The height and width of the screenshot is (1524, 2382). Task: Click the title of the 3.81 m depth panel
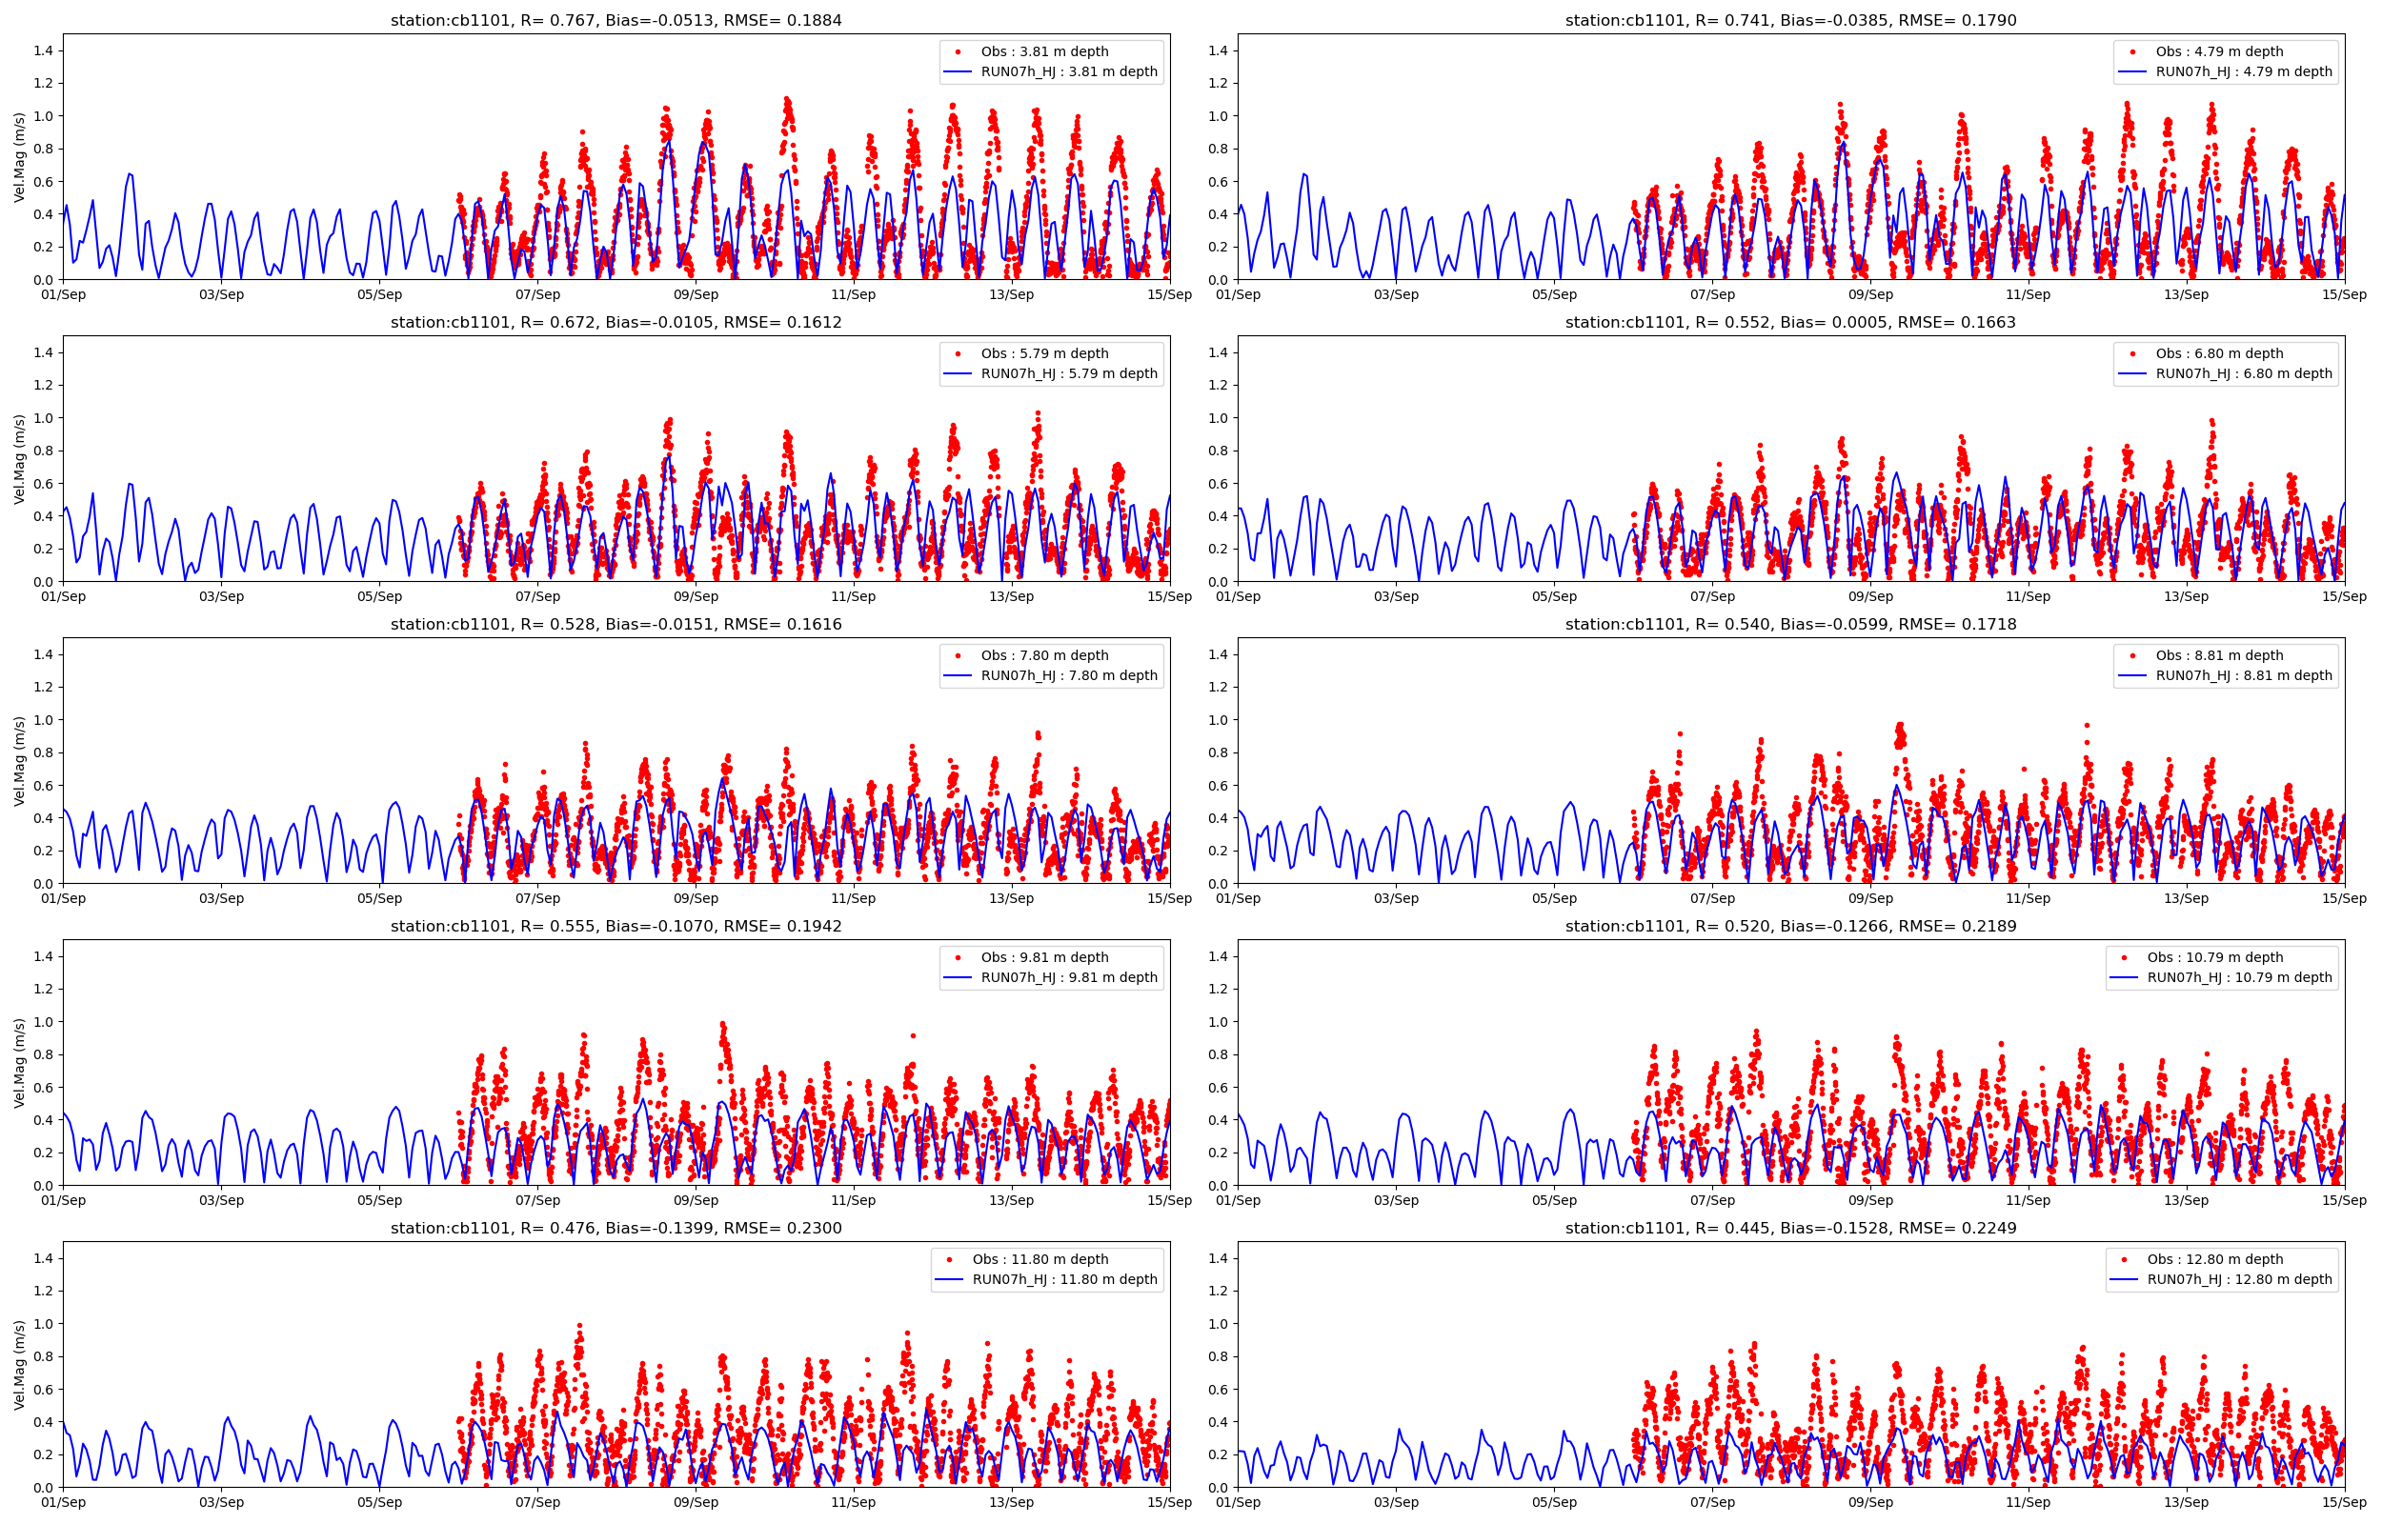[616, 20]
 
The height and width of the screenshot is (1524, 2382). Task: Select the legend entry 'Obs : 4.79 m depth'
[2225, 51]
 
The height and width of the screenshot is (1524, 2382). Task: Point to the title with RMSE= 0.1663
[1790, 322]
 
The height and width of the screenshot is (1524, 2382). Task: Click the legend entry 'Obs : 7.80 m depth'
[1044, 655]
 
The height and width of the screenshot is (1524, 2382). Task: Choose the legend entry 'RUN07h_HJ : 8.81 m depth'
[2244, 675]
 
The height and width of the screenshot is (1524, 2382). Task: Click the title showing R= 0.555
[616, 926]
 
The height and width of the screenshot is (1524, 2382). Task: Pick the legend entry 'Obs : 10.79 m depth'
[2214, 957]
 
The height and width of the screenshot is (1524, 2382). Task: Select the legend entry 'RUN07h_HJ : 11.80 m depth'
[1064, 1278]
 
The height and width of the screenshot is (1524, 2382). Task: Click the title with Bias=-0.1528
[1790, 1228]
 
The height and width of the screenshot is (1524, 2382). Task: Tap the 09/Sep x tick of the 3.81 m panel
[696, 294]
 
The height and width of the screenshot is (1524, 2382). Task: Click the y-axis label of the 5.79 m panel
[20, 459]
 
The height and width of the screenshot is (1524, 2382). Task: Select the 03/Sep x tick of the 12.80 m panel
[1395, 1502]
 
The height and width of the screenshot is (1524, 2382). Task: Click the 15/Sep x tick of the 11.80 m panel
[1170, 1502]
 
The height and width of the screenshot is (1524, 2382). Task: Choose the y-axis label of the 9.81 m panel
[20, 1063]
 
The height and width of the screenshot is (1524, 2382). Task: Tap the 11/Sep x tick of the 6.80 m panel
[2028, 595]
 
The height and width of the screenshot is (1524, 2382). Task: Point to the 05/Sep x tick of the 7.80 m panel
[379, 898]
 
